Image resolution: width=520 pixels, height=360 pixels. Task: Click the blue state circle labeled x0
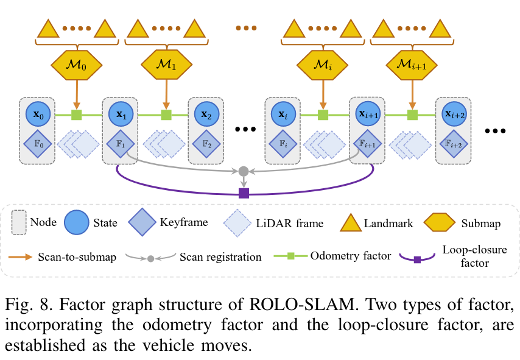pos(38,114)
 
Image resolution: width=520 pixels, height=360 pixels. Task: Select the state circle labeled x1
pos(121,114)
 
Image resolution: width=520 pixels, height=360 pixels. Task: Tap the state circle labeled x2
pos(206,114)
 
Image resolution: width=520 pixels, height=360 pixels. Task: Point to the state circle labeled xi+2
pos(454,114)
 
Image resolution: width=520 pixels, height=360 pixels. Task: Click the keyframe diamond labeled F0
pos(38,145)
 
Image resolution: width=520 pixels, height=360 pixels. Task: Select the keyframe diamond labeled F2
pos(206,145)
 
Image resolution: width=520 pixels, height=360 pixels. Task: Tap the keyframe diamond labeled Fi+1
pos(368,145)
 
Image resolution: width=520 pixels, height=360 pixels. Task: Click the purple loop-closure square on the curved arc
pos(244,193)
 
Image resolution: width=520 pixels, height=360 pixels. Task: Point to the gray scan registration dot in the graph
pos(244,171)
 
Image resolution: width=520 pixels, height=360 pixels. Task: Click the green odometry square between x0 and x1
pos(77,115)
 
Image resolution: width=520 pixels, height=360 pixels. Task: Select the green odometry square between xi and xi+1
pos(323,115)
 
